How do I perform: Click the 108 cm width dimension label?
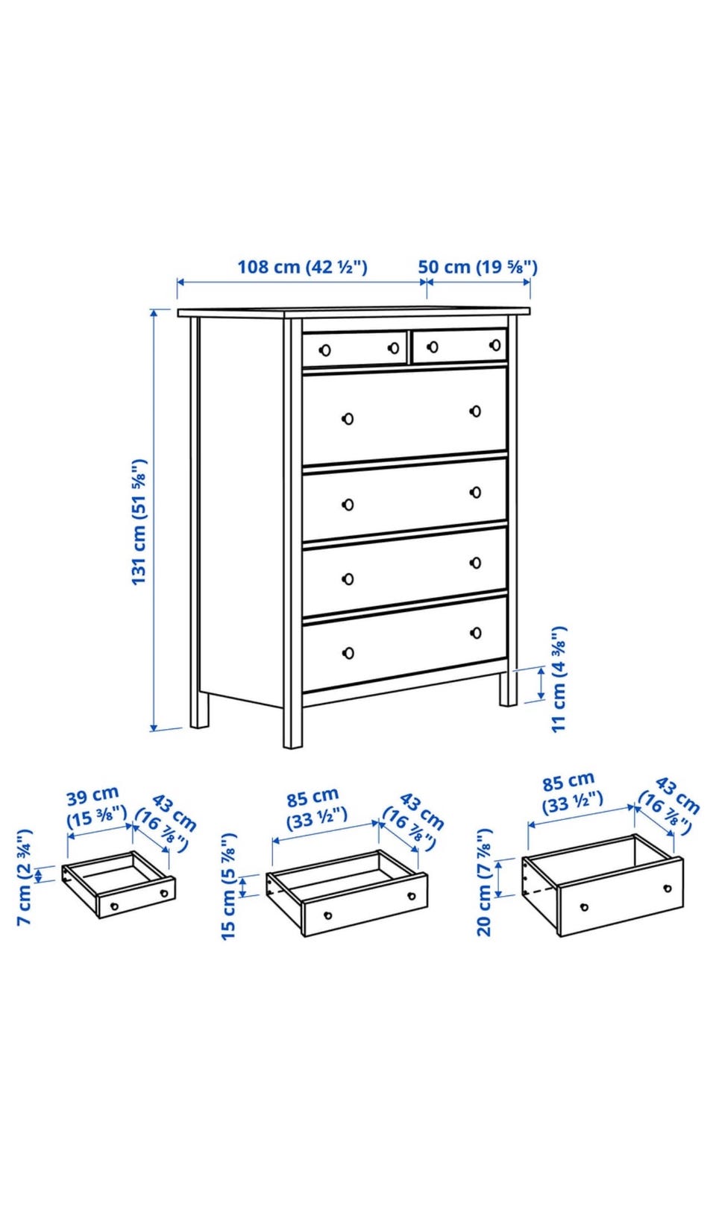tap(302, 267)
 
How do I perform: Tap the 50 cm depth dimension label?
tap(477, 267)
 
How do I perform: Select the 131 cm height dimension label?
tap(139, 522)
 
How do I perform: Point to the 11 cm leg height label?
tap(559, 679)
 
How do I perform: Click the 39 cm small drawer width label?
tap(97, 807)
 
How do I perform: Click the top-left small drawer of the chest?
tap(354, 349)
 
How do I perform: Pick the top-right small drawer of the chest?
tap(459, 346)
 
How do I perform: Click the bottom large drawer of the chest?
tap(404, 643)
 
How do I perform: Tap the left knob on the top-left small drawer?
tap(325, 350)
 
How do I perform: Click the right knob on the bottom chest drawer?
tap(476, 633)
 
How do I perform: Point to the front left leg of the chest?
tap(292, 727)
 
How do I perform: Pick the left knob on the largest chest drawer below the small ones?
tap(348, 419)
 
